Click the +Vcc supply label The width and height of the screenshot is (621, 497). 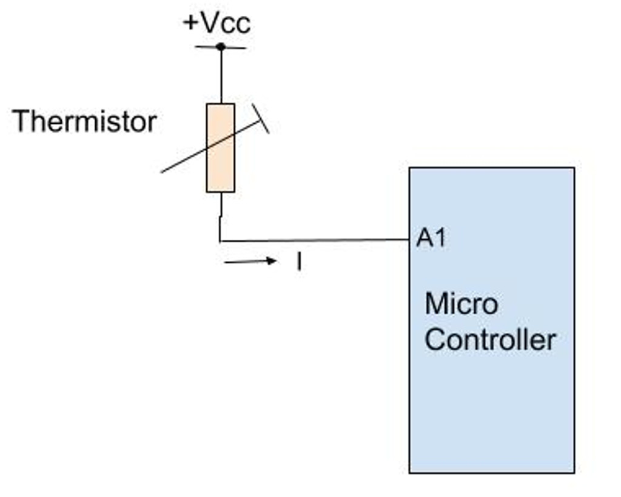coord(217,23)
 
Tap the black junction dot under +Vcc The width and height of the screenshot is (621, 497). coord(221,47)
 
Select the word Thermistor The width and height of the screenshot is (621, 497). coord(85,121)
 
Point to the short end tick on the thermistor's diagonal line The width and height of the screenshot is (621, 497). coord(261,118)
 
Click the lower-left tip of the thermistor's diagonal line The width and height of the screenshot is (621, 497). coord(163,172)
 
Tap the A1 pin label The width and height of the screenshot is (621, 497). coord(431,238)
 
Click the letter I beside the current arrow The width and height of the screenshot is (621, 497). coord(299,262)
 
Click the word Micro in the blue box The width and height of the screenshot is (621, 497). coord(461,303)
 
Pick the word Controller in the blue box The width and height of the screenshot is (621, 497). coord(490,339)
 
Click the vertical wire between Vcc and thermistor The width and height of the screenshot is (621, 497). coord(221,76)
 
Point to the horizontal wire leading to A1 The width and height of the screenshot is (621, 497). coord(315,240)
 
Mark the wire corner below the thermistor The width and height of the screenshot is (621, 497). coord(220,240)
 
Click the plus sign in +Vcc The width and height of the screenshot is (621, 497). coord(190,24)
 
